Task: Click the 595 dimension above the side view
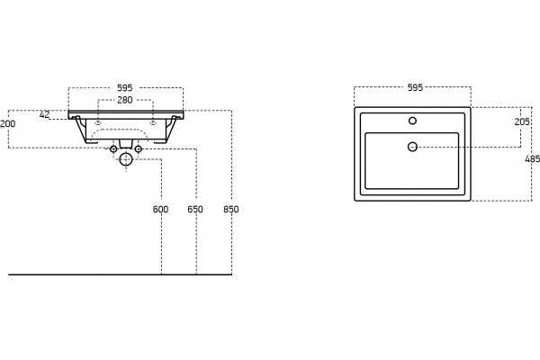(x=125, y=88)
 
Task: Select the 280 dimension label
(x=125, y=100)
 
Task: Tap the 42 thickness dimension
(x=44, y=114)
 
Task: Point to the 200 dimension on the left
(x=7, y=123)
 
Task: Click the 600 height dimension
(x=160, y=210)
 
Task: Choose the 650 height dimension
(x=195, y=210)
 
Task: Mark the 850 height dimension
(x=230, y=210)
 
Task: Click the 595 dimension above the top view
(x=415, y=88)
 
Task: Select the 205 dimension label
(x=522, y=121)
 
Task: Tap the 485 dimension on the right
(x=533, y=159)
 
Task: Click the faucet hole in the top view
(x=412, y=121)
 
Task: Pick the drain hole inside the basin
(x=412, y=147)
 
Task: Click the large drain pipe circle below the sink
(x=126, y=159)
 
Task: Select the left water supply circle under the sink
(x=113, y=149)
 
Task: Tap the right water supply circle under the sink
(x=138, y=149)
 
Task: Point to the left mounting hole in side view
(x=98, y=122)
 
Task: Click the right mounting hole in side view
(x=152, y=122)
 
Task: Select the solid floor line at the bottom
(x=120, y=274)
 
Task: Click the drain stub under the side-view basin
(x=126, y=144)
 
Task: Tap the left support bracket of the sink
(x=83, y=130)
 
